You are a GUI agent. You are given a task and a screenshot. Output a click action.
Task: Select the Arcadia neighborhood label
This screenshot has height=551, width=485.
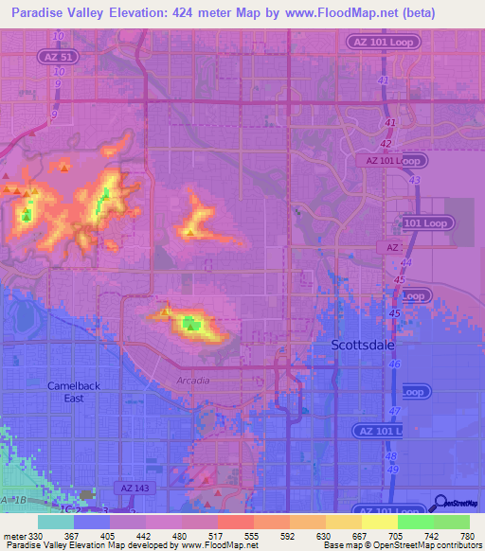192,380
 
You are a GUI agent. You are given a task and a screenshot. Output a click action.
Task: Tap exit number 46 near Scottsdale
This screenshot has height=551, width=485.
395,364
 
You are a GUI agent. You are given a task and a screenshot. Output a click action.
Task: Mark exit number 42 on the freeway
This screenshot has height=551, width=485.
386,144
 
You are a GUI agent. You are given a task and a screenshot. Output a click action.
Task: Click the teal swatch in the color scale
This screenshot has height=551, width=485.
56,522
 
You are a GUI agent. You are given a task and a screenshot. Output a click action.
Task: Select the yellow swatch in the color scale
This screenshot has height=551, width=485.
380,522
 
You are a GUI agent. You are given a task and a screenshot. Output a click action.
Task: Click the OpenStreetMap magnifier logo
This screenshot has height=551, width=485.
439,503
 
